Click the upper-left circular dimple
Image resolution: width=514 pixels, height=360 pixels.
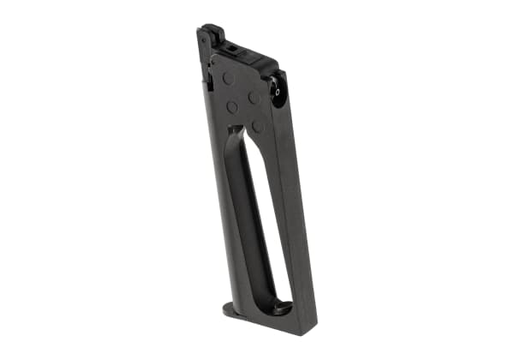point(230,79)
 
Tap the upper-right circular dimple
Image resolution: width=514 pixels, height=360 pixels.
point(254,98)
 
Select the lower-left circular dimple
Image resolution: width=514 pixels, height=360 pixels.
point(232,108)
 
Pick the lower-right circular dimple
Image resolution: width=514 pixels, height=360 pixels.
point(257,126)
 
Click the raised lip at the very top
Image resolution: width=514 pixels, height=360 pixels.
point(214,32)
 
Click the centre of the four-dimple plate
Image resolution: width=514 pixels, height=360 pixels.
point(243,103)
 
